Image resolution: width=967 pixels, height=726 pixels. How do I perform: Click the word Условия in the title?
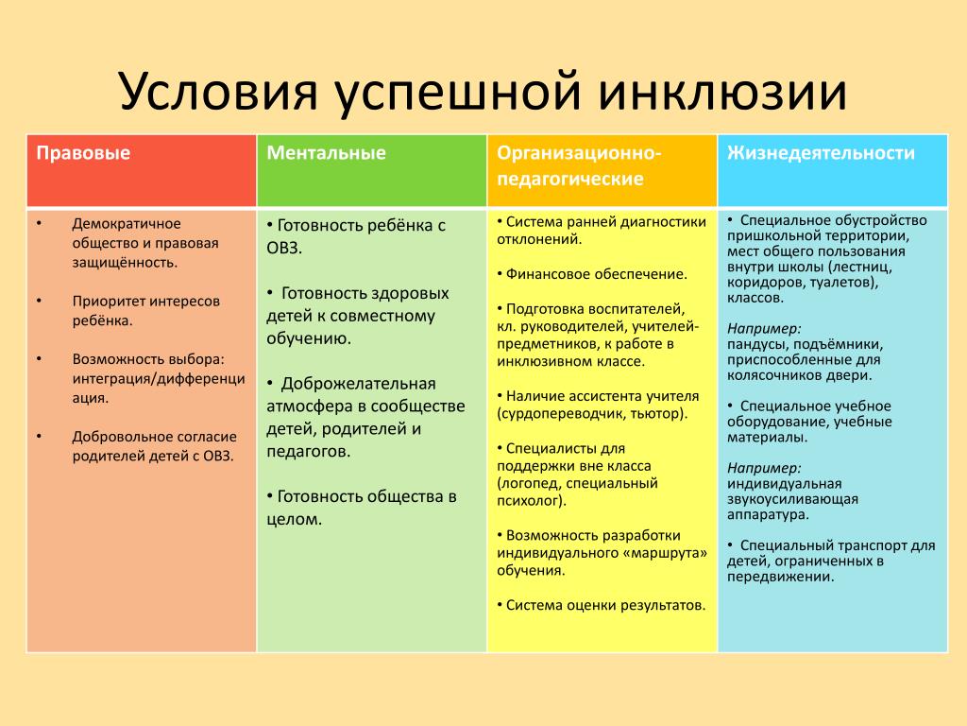[219, 93]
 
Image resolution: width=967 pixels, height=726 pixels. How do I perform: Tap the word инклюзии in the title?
[722, 92]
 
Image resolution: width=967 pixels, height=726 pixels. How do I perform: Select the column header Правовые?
[83, 153]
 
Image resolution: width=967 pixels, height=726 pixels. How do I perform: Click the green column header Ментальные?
[326, 153]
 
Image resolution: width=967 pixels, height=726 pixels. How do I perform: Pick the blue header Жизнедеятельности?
[821, 153]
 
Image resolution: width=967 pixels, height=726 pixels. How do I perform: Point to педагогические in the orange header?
[570, 179]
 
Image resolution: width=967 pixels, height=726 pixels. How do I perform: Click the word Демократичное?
[127, 223]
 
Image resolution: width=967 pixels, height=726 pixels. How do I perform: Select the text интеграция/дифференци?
[159, 378]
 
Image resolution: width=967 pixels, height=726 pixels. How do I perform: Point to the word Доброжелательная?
[358, 384]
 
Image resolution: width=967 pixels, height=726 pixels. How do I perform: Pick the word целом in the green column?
[293, 519]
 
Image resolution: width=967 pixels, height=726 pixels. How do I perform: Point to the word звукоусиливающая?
[792, 499]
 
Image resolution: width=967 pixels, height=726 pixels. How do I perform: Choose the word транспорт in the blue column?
[868, 545]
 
